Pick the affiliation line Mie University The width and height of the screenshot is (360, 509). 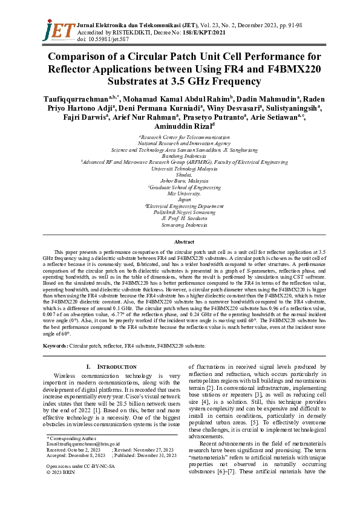coord(180,193)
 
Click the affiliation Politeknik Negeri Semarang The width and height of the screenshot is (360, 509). coord(180,213)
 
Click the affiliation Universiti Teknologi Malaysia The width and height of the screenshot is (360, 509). coord(180,169)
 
